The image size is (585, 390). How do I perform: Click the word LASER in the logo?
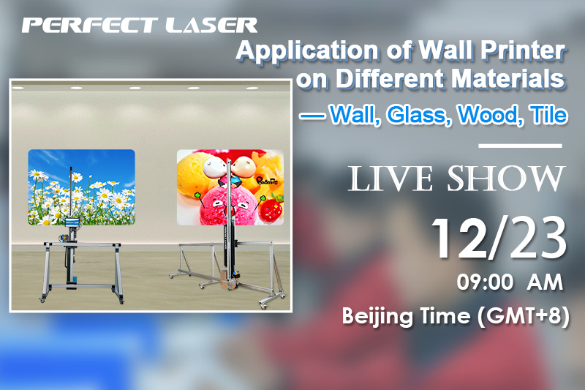(211, 26)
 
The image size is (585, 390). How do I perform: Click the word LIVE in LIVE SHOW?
(390, 179)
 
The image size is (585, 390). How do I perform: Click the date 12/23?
(499, 238)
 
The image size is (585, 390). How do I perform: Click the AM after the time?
(545, 282)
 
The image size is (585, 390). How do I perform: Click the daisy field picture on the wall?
(82, 187)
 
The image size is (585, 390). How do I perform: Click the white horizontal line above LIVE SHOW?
(520, 146)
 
